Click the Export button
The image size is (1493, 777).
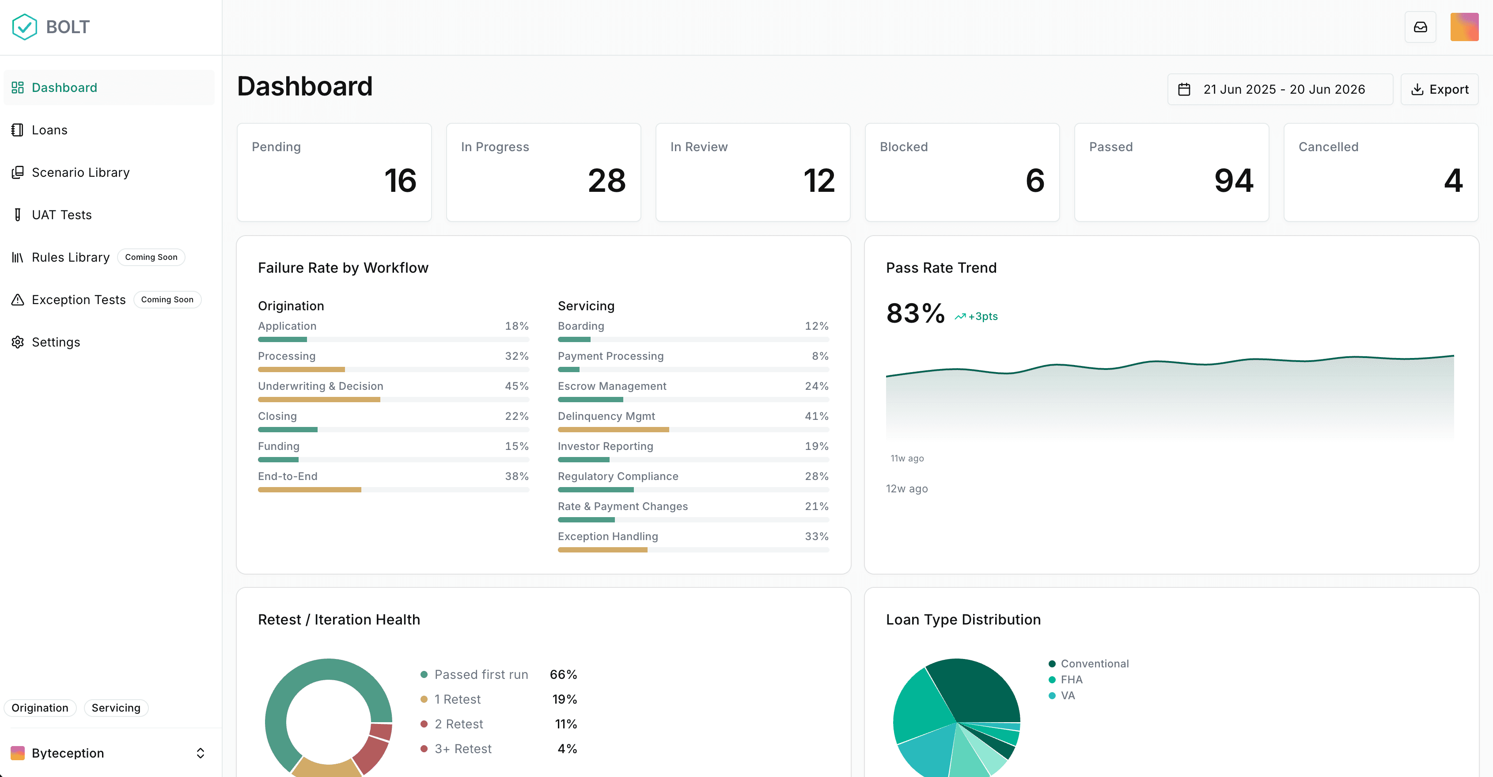(1439, 89)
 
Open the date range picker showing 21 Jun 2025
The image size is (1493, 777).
(1280, 89)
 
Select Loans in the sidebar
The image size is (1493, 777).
(49, 130)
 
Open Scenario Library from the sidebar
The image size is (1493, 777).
(80, 172)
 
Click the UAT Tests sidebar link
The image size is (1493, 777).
(61, 214)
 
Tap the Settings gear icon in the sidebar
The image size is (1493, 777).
(18, 342)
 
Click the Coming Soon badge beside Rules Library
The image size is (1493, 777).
(151, 257)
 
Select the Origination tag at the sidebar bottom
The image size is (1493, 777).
(40, 708)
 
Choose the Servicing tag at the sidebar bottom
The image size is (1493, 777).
(116, 708)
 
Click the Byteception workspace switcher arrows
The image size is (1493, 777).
(201, 753)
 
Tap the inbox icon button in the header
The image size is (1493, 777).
(1420, 27)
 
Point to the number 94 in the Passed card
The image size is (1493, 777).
(1234, 180)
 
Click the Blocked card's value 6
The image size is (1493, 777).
(1035, 180)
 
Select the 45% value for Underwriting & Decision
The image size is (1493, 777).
(516, 386)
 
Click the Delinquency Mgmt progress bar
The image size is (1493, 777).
(693, 430)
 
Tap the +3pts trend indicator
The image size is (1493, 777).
(976, 316)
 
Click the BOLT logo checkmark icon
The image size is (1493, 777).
(24, 27)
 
